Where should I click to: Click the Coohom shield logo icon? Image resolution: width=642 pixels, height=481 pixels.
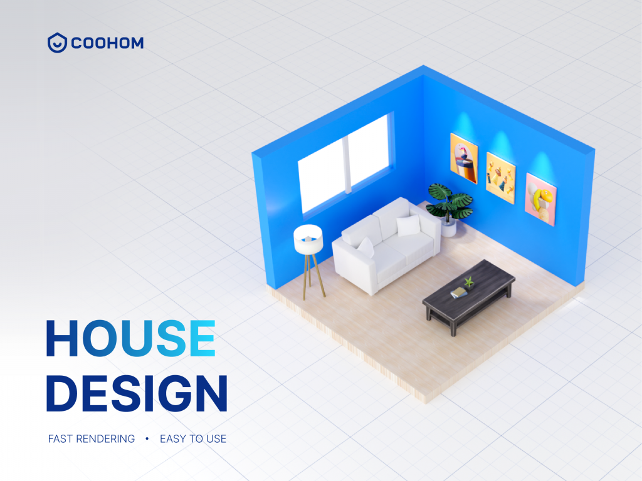pyautogui.click(x=57, y=43)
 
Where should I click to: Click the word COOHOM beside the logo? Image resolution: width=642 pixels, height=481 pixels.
pyautogui.click(x=107, y=43)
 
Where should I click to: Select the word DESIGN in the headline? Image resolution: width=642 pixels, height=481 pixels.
pyautogui.click(x=137, y=393)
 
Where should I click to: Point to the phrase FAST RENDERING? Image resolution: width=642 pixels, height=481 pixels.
pyautogui.click(x=92, y=438)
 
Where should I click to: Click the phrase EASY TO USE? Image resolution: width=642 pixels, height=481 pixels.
pyautogui.click(x=193, y=438)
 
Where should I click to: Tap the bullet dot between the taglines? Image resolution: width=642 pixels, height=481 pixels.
pyautogui.click(x=147, y=438)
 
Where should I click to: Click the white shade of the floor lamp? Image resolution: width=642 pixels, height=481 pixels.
pyautogui.click(x=308, y=239)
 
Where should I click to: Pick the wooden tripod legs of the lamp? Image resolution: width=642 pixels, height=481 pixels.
pyautogui.click(x=312, y=276)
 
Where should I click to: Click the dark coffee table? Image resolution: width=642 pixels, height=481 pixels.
pyautogui.click(x=469, y=291)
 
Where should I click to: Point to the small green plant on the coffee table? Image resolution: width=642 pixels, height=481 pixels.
pyautogui.click(x=468, y=282)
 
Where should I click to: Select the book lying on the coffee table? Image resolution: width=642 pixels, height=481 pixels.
pyautogui.click(x=458, y=292)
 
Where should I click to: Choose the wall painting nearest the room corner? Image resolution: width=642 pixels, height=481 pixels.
pyautogui.click(x=464, y=158)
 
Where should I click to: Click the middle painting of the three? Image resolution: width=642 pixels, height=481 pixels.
pyautogui.click(x=501, y=177)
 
